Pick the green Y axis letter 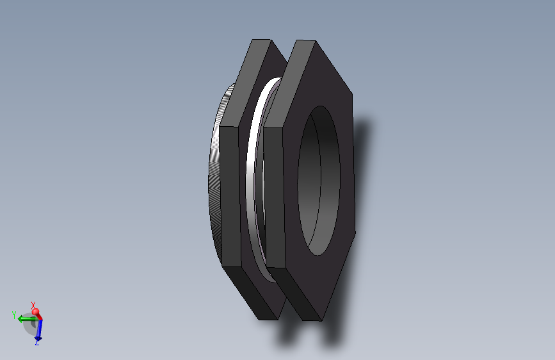coord(13,315)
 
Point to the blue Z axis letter coord(37,343)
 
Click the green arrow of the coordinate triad coord(26,318)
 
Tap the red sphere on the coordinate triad coord(36,313)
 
